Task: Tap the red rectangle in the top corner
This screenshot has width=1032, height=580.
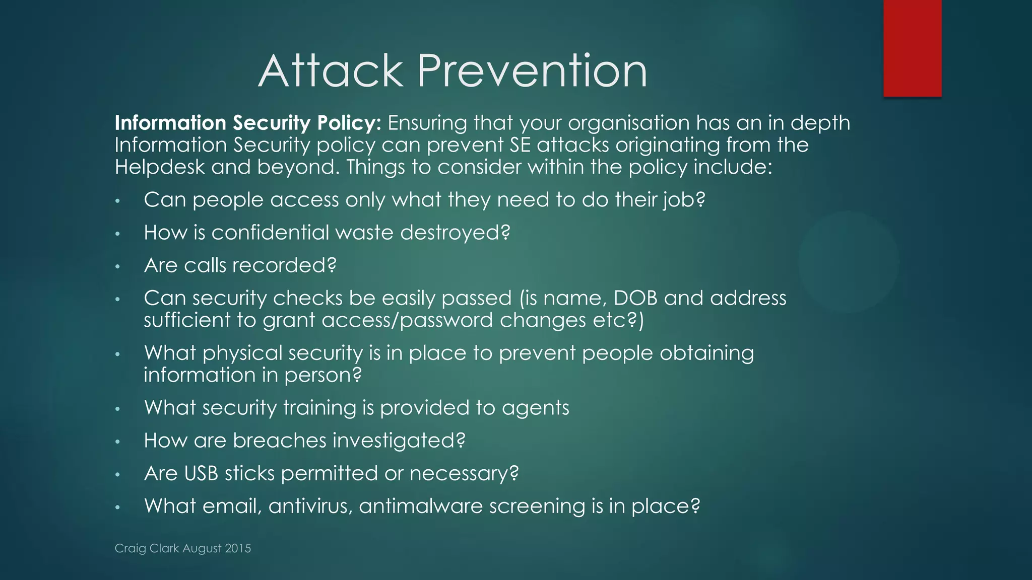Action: (x=912, y=48)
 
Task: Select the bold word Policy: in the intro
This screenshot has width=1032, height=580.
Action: (x=349, y=123)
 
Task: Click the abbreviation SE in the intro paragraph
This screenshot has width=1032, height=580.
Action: (x=520, y=146)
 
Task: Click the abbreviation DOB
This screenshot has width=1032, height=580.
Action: (x=635, y=298)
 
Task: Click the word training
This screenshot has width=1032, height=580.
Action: (x=319, y=408)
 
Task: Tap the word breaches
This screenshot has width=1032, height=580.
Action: (x=280, y=441)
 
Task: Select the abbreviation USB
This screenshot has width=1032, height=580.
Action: (x=201, y=474)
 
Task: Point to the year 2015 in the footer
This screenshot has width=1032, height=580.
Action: (x=238, y=548)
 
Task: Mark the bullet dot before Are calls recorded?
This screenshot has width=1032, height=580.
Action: (x=117, y=266)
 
